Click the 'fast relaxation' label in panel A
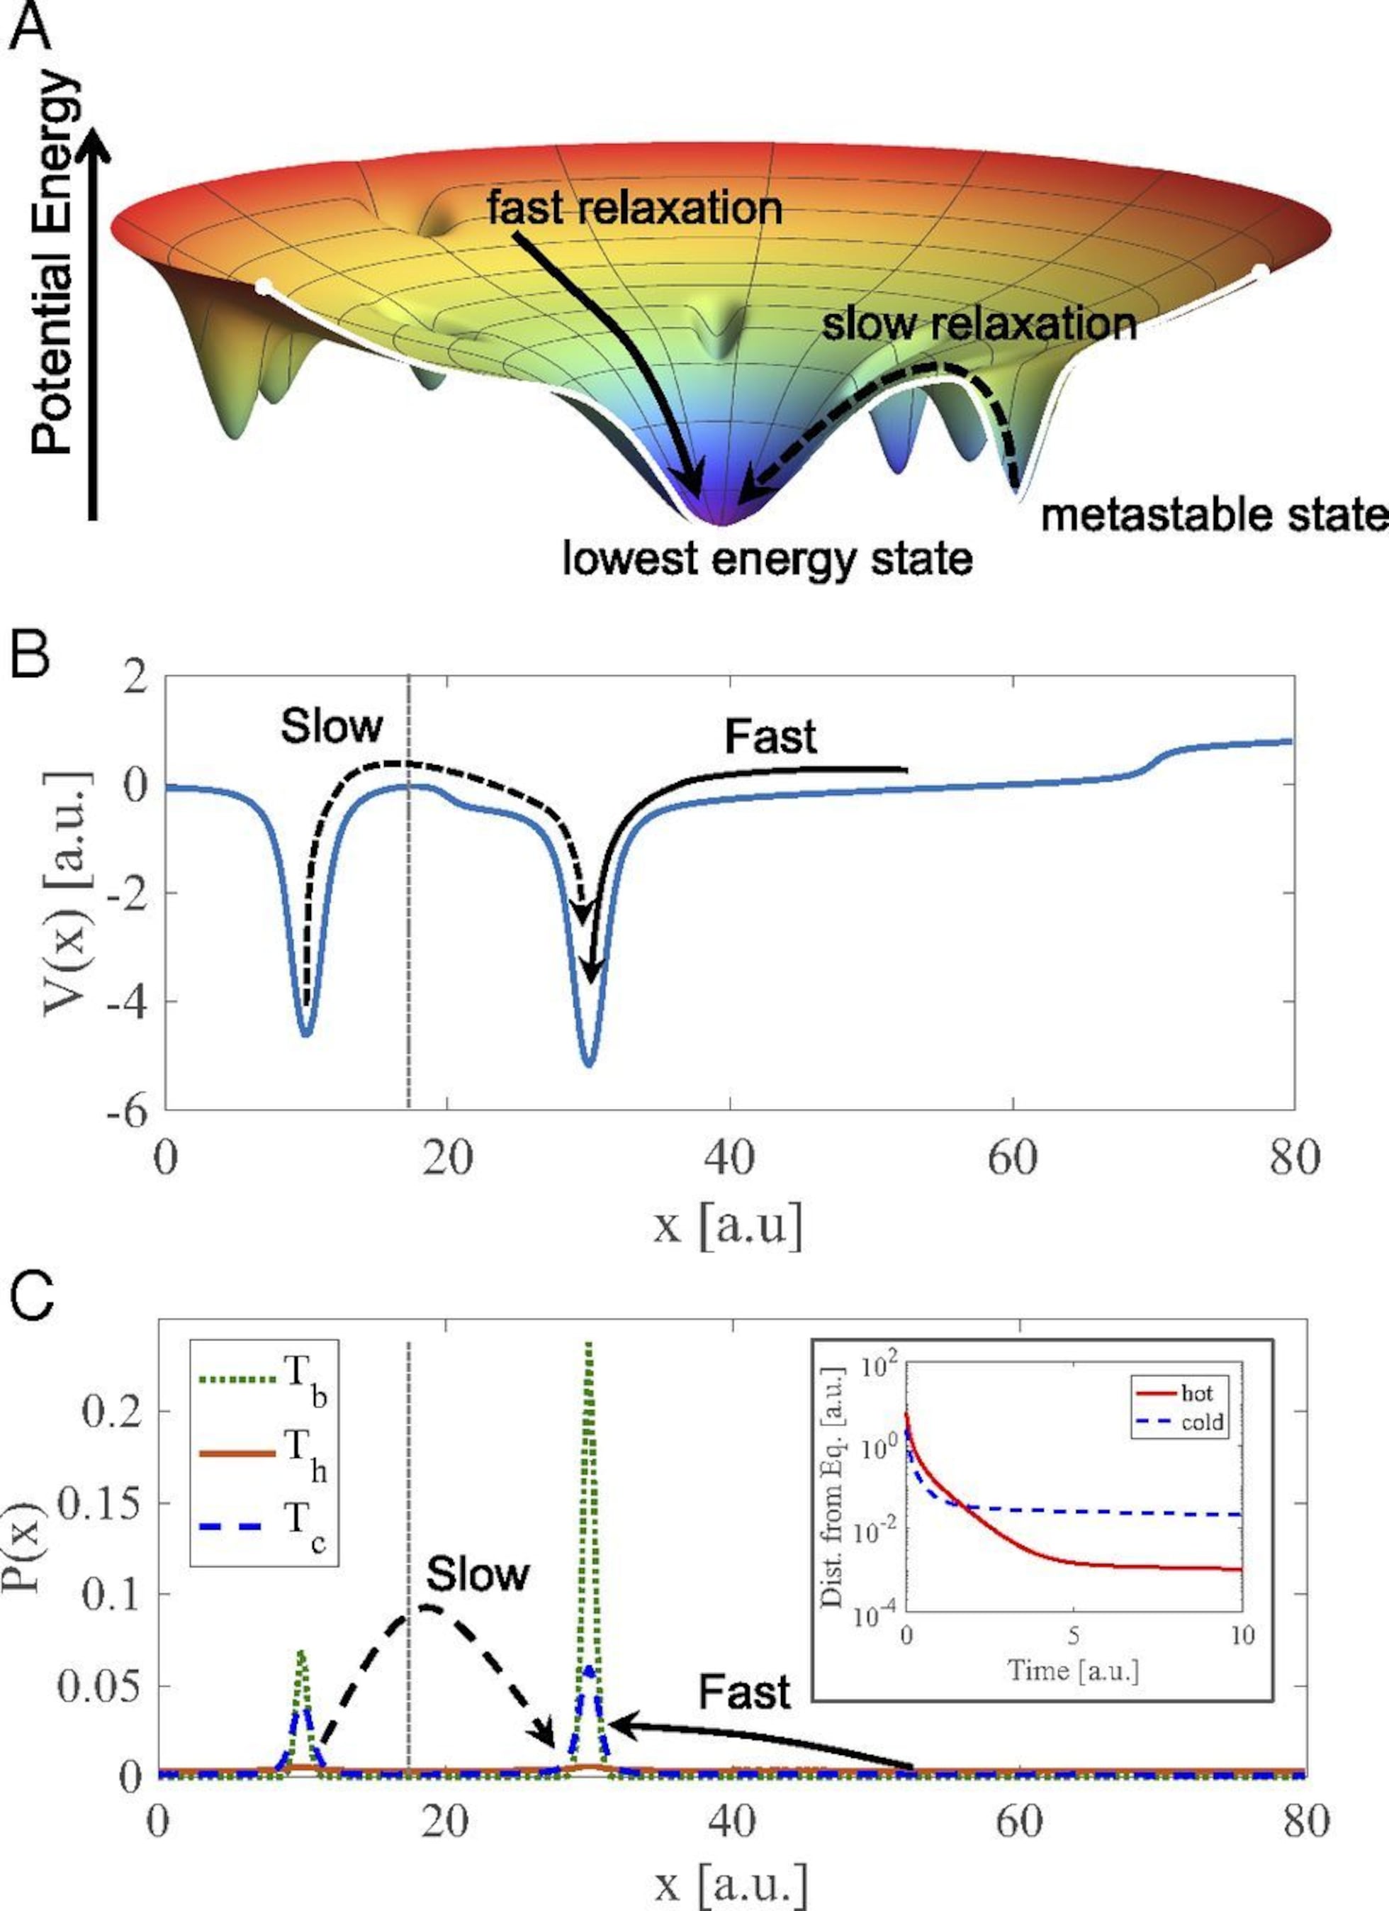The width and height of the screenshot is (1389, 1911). (x=634, y=207)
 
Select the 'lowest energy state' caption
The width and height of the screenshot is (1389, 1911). (x=767, y=558)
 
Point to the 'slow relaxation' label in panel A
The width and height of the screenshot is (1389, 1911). (x=979, y=323)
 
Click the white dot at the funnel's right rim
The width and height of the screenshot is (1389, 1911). (x=1260, y=272)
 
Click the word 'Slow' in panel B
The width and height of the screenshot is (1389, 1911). (x=331, y=725)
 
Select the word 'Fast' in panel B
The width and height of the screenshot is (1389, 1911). (x=770, y=737)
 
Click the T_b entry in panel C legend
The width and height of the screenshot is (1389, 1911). (x=261, y=1379)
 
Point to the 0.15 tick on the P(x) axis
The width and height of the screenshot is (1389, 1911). (x=98, y=1503)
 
